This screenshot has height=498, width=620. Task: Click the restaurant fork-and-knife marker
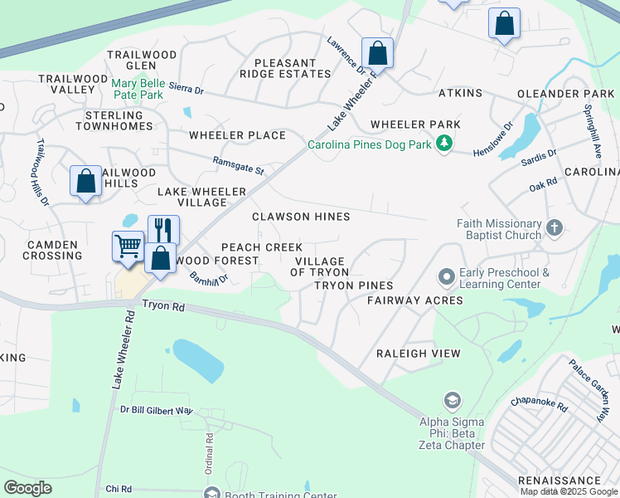click(163, 230)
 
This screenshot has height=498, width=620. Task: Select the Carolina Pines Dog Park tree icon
click(445, 144)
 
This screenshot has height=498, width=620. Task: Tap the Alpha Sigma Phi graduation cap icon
click(452, 402)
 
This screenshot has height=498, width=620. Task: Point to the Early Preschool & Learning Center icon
click(446, 276)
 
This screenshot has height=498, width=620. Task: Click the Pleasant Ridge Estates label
click(285, 68)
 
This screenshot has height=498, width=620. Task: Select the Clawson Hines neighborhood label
click(301, 217)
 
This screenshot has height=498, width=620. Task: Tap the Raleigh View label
click(418, 354)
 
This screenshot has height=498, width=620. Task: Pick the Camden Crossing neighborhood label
click(55, 250)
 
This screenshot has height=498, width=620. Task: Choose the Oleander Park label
click(565, 94)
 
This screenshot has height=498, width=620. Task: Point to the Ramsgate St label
click(238, 166)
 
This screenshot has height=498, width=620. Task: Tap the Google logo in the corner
click(27, 488)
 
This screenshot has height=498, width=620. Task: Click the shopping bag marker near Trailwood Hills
click(86, 180)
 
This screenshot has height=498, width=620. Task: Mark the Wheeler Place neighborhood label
click(237, 135)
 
